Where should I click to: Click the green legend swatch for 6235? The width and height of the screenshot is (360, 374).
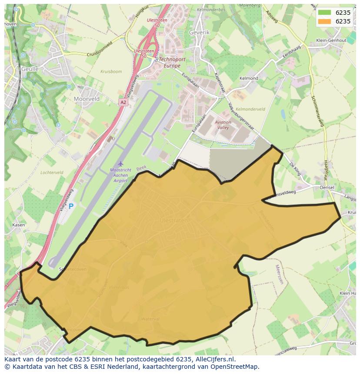(324, 13)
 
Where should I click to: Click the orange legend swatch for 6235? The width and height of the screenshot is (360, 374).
(324, 21)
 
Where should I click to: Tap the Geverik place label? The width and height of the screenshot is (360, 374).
(200, 33)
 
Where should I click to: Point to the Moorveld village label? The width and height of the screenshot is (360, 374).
(87, 99)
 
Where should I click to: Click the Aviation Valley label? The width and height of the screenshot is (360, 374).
(223, 125)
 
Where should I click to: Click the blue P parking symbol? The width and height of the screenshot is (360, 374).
(71, 207)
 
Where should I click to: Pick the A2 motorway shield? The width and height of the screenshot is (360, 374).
(123, 102)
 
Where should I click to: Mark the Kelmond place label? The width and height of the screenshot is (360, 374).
(249, 79)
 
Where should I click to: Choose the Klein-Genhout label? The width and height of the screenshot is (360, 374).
(332, 40)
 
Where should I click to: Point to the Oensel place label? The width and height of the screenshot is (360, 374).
(327, 187)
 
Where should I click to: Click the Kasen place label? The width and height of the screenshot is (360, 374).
(18, 225)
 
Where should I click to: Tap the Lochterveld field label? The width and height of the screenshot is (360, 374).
(52, 172)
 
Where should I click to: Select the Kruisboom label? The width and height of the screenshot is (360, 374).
(111, 71)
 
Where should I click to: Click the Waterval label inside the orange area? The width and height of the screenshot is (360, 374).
(150, 319)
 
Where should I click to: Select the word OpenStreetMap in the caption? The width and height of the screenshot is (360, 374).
(237, 367)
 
